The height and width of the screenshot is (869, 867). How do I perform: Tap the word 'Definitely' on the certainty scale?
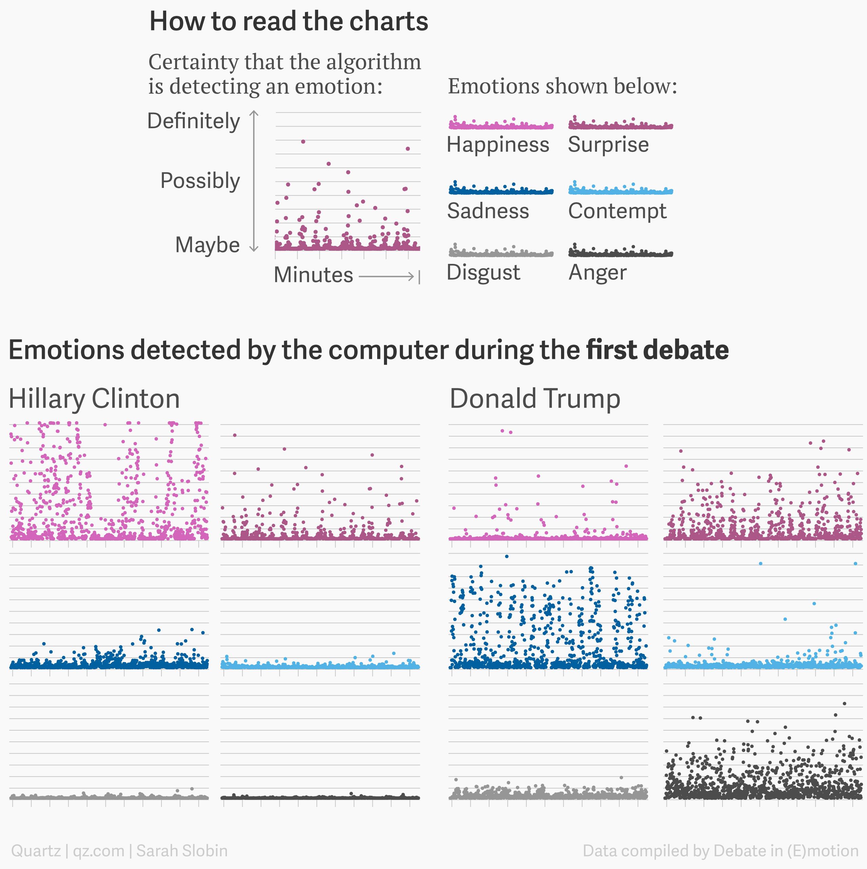pyautogui.click(x=194, y=121)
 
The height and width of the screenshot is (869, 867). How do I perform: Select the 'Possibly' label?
pyautogui.click(x=200, y=181)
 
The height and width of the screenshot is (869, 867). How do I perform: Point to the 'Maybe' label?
pyautogui.click(x=207, y=245)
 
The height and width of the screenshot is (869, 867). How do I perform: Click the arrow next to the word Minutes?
pyautogui.click(x=387, y=276)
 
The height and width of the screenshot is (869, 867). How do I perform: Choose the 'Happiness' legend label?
pyautogui.click(x=498, y=145)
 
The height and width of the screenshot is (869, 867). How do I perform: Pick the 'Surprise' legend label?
pyautogui.click(x=608, y=145)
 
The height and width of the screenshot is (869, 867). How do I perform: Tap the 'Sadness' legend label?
pyautogui.click(x=488, y=211)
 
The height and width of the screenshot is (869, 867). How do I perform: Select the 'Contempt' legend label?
pyautogui.click(x=617, y=211)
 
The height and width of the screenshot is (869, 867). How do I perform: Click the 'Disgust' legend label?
pyautogui.click(x=483, y=273)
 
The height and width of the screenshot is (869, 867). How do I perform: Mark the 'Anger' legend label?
pyautogui.click(x=597, y=273)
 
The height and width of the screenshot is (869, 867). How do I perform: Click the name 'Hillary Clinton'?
pyautogui.click(x=95, y=399)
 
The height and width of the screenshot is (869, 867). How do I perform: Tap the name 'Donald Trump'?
pyautogui.click(x=535, y=399)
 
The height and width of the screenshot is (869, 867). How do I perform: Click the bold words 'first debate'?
pyautogui.click(x=657, y=350)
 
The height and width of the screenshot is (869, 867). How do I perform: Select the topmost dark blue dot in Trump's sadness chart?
pyautogui.click(x=507, y=556)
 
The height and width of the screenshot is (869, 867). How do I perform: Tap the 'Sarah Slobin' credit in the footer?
pyautogui.click(x=182, y=851)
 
